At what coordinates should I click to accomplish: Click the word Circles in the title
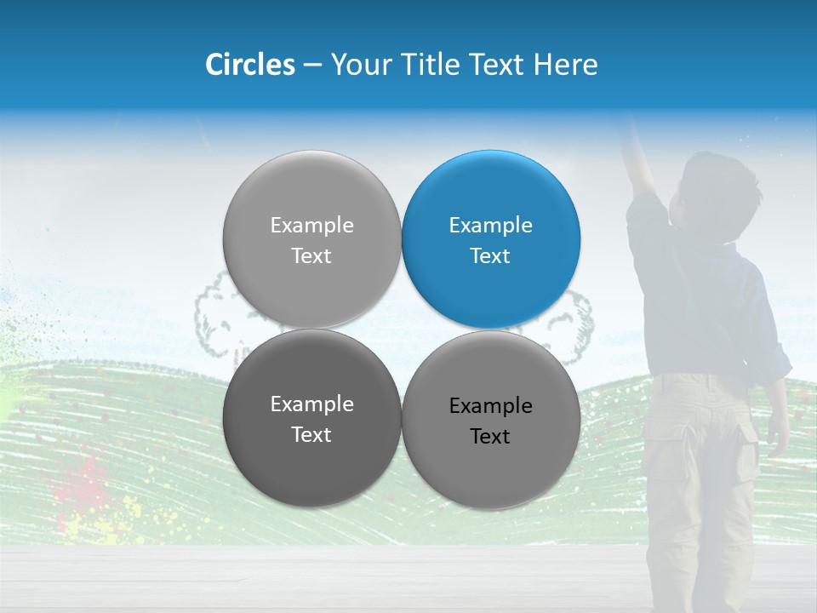[x=249, y=65]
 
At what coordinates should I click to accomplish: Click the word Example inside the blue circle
[x=491, y=226]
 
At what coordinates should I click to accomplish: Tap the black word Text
[x=490, y=437]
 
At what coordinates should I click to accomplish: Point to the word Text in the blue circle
[x=490, y=256]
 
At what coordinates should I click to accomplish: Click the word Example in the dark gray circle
[x=311, y=404]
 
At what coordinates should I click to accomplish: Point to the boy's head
[x=719, y=192]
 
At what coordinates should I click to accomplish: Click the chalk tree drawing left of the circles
[x=213, y=315]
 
